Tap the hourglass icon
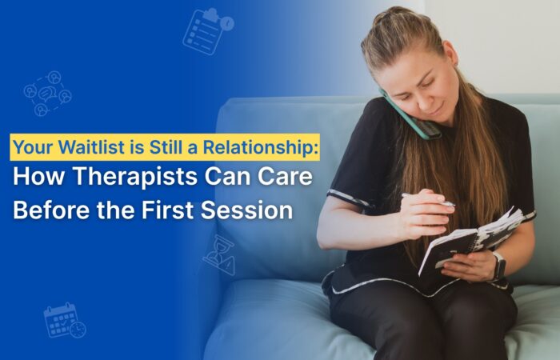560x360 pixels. (218, 254)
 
